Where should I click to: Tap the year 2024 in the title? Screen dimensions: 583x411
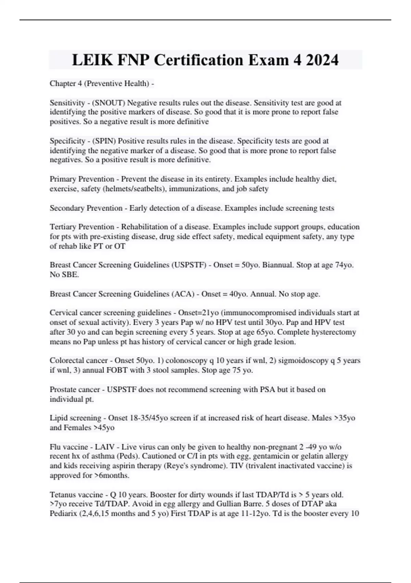click(x=322, y=60)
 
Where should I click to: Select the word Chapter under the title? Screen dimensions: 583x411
click(x=62, y=83)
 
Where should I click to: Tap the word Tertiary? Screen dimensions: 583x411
click(x=63, y=227)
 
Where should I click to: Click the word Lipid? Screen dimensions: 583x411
click(x=58, y=418)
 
